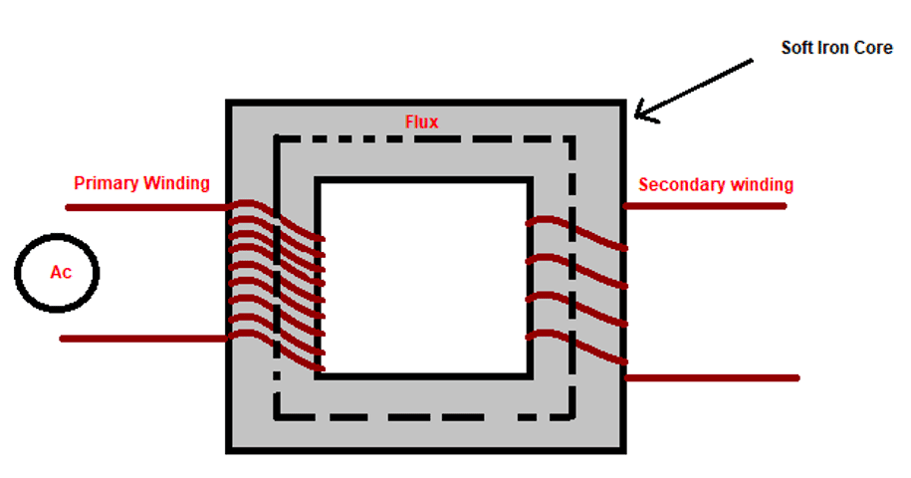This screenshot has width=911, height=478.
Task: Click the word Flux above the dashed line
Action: coord(421,122)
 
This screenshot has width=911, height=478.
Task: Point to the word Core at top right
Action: coord(875,47)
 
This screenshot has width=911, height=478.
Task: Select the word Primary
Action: coord(107,183)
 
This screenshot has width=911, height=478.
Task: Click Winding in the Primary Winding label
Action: coord(176,183)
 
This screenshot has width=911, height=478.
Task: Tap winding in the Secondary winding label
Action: coord(760,184)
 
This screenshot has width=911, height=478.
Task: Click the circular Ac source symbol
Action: coord(58,272)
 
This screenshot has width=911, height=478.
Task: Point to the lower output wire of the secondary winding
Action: coord(712,377)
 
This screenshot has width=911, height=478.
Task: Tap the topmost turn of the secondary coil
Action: coord(577,231)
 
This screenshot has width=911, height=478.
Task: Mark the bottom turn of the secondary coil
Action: coord(577,347)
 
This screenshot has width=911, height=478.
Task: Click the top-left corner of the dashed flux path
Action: coord(277,139)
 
